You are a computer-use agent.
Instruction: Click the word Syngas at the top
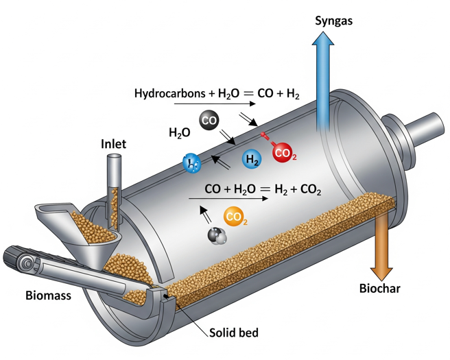tap(333, 20)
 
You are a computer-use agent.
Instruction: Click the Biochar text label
tap(380, 288)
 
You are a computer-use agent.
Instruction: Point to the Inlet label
tap(113, 145)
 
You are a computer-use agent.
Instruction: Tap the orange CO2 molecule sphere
tap(235, 217)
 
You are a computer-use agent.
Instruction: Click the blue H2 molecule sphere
tap(252, 160)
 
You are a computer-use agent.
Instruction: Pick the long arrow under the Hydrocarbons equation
tap(206, 104)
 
